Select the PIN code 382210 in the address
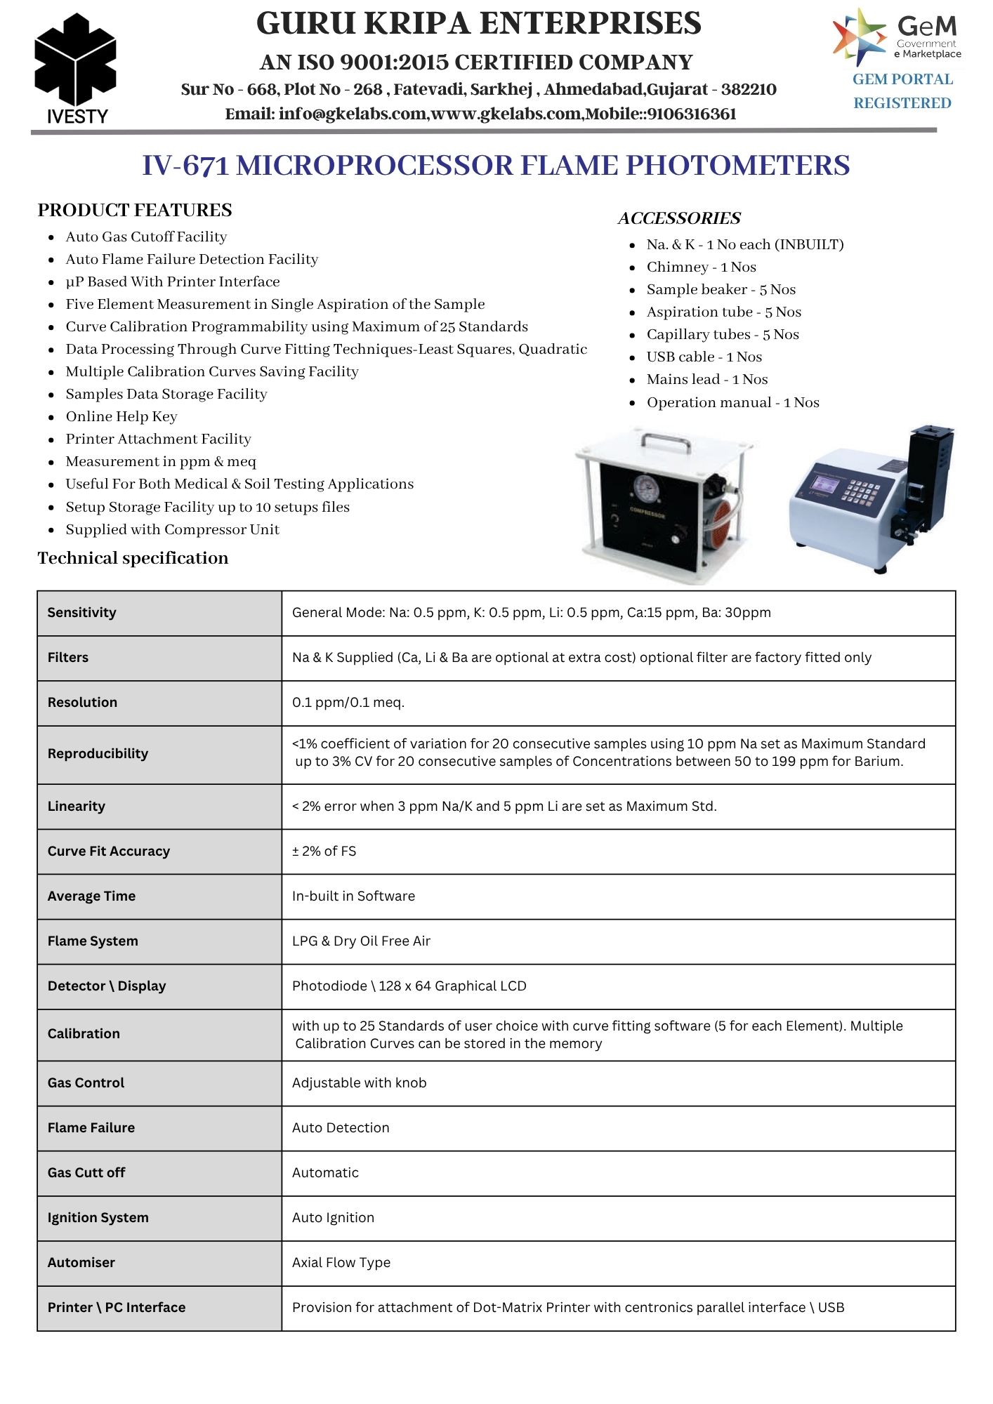749,90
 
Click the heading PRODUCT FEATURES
135,210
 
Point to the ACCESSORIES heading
679,218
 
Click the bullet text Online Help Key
121,416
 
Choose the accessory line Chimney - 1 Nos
701,267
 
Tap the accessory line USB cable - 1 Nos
704,357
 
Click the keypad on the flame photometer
860,491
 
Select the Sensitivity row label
82,612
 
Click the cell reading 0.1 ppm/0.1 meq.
348,702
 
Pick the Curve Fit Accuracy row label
109,851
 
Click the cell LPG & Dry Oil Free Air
361,941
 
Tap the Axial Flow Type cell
341,1262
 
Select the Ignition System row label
98,1217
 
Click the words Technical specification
133,558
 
